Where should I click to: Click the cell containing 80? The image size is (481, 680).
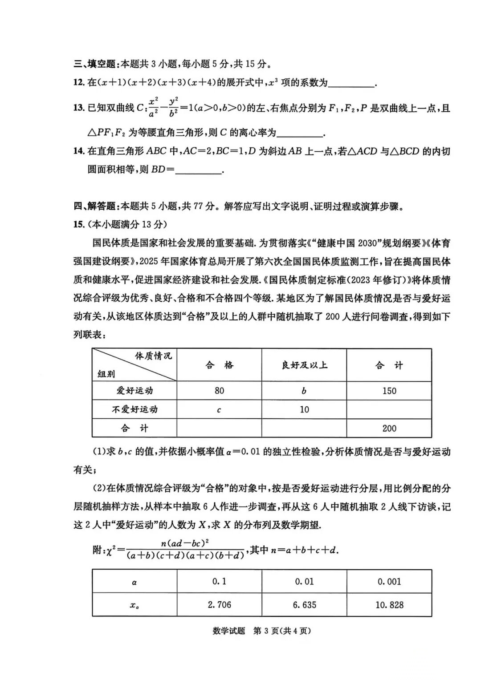click(219, 391)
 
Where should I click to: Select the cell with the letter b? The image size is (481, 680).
click(304, 391)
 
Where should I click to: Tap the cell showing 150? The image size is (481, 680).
click(389, 391)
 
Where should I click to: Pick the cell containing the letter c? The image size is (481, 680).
click(219, 409)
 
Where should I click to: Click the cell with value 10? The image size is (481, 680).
click(304, 409)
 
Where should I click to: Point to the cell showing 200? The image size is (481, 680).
click(389, 428)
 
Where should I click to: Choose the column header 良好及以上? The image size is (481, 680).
click(304, 365)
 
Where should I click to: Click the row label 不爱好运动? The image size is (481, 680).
click(135, 409)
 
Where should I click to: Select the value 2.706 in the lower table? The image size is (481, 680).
click(219, 604)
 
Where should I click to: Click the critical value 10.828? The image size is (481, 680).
click(389, 604)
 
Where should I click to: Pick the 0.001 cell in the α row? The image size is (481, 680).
click(389, 581)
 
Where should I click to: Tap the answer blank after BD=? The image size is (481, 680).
click(199, 170)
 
